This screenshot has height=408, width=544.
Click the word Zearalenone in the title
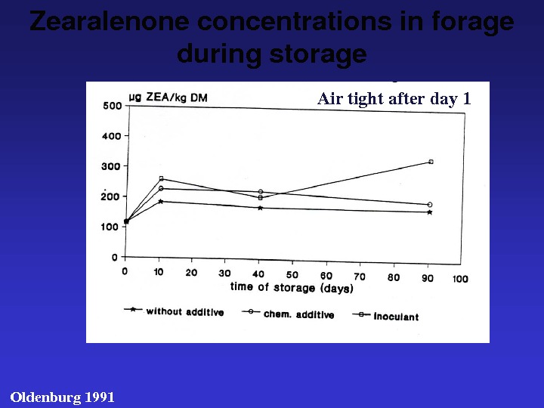pos(110,21)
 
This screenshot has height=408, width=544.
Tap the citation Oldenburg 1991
pos(63,397)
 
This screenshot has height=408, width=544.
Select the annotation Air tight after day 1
pos(394,98)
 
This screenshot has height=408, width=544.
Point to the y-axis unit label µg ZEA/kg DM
pos(168,97)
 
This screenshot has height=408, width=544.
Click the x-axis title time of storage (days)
pos(292,287)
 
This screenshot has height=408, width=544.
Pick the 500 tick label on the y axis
pos(112,106)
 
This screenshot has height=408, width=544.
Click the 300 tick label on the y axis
pos(111,166)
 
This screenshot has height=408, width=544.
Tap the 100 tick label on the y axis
pos(110,227)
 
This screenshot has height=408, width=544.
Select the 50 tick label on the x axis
pos(292,275)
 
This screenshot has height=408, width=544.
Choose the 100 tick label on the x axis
pos(460,279)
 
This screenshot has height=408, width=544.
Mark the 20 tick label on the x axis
pos(191,273)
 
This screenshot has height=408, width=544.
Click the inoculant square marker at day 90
pos(431,162)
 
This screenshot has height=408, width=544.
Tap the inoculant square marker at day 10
pos(162,178)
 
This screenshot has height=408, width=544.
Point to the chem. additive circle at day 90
pos(430,205)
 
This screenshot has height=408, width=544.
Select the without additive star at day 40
pos(260,209)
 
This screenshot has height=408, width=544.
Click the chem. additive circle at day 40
pos(261,192)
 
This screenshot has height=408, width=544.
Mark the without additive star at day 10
pos(161,202)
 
